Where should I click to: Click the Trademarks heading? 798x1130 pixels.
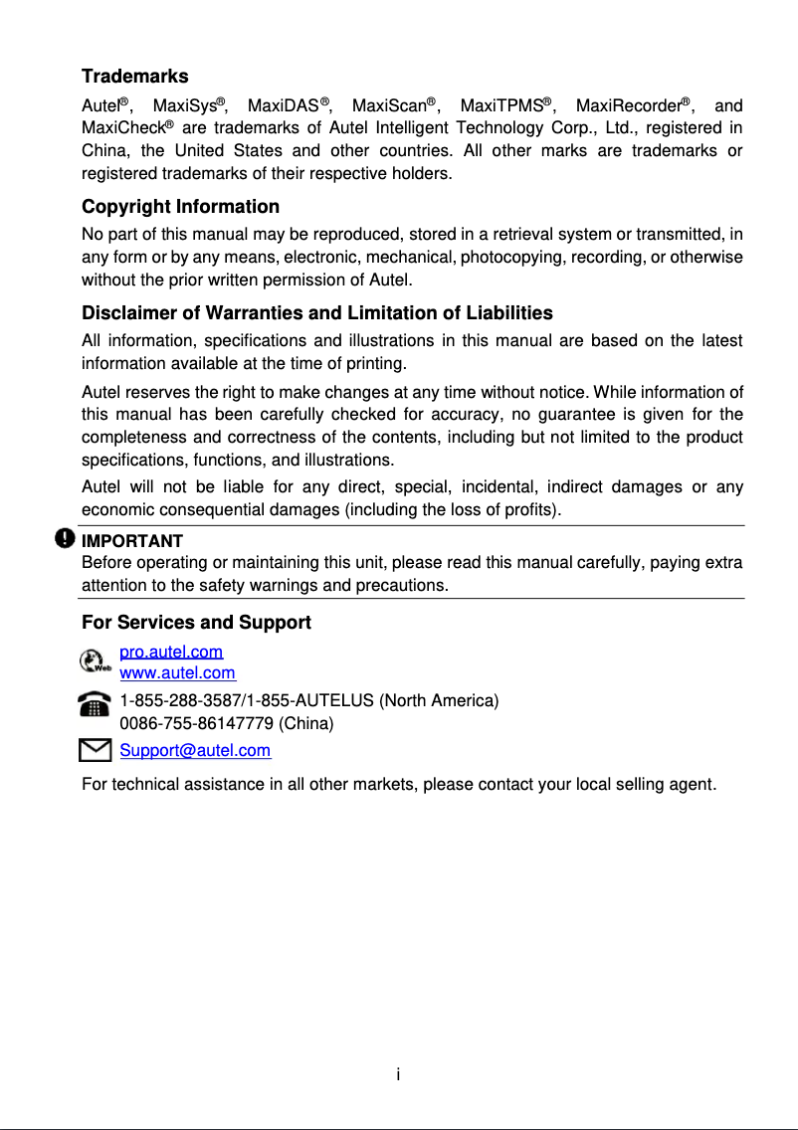[134, 77]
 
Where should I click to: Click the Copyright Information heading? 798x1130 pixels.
[180, 207]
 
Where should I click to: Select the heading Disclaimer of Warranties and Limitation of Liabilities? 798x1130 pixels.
[316, 313]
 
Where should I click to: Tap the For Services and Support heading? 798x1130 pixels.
[196, 623]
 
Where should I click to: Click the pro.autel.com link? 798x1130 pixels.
[171, 653]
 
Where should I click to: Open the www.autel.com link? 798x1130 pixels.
[177, 673]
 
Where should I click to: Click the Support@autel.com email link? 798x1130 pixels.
[195, 750]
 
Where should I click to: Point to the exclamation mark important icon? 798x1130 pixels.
[65, 538]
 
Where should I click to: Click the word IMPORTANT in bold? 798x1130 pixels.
[131, 542]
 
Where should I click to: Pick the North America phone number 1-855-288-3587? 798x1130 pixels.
[186, 700]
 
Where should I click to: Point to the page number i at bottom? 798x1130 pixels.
[398, 1074]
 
